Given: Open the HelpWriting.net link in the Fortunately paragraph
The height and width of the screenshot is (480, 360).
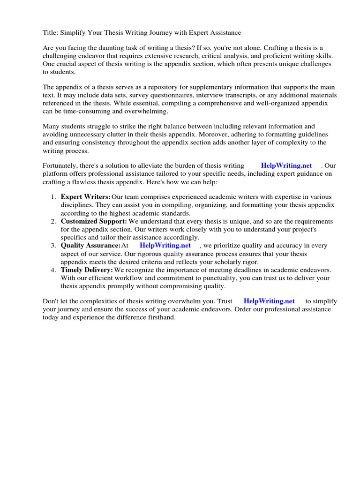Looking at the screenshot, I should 286,165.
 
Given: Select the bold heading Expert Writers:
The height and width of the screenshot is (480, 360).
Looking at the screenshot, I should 85,197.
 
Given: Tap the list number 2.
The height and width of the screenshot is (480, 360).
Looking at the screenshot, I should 53,221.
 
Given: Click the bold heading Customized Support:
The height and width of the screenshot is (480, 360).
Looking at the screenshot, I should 94,221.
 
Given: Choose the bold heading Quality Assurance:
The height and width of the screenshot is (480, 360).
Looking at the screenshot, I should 90,245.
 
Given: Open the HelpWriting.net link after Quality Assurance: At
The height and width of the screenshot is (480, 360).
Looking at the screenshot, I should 165,245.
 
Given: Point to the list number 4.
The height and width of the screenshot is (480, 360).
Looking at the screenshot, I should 53,270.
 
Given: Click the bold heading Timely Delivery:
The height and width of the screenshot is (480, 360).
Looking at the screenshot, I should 87,270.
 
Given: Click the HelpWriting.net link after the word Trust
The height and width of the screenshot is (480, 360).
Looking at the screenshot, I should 269,301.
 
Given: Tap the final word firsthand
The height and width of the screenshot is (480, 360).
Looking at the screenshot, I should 159,317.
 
